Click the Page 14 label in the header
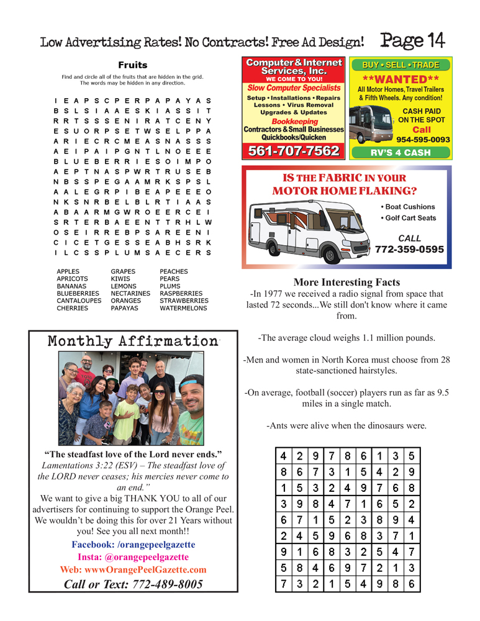tap(413, 40)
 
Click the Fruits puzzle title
tap(133, 65)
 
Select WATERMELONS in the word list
tap(183, 308)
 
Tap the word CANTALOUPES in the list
tap(79, 301)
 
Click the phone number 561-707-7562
tap(294, 151)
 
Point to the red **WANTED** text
tap(401, 79)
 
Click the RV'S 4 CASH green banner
tap(401, 153)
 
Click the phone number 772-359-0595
tap(409, 250)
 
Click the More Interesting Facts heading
tap(346, 283)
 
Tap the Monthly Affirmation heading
tap(133, 341)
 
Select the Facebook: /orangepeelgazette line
tap(133, 545)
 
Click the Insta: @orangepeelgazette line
tap(133, 557)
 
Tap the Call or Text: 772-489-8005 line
tap(133, 584)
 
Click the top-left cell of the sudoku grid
tap(283, 455)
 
